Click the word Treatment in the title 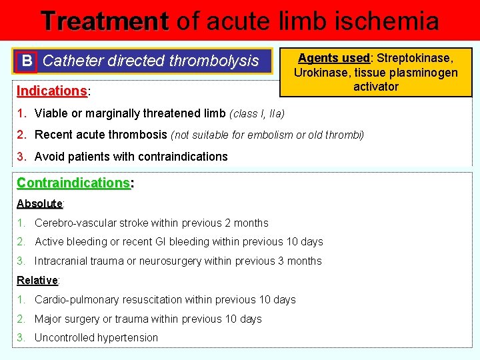pyautogui.click(x=104, y=21)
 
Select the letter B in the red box pyautogui.click(x=26, y=61)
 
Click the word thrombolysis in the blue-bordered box pyautogui.click(x=213, y=61)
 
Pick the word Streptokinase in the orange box pyautogui.click(x=415, y=59)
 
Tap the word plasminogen pyautogui.click(x=424, y=73)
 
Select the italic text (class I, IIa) pyautogui.click(x=257, y=114)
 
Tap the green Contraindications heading pyautogui.click(x=73, y=183)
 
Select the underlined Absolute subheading pyautogui.click(x=39, y=203)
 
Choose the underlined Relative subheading pyautogui.click(x=37, y=280)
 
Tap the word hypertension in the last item pyautogui.click(x=127, y=338)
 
